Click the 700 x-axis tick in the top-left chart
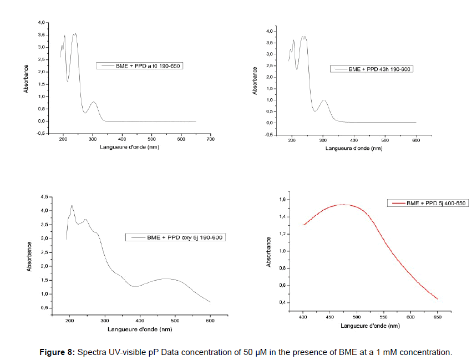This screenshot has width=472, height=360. (210, 139)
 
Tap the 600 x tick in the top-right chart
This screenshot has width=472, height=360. (416, 141)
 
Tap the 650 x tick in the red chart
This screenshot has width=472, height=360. (438, 318)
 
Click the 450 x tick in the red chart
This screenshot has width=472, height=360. (329, 318)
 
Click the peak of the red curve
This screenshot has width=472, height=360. (344, 205)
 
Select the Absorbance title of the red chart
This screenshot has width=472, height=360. (269, 252)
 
